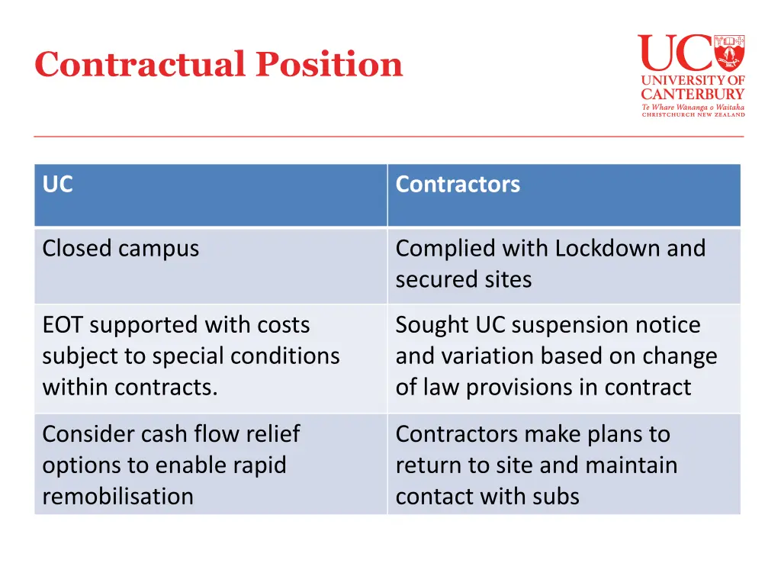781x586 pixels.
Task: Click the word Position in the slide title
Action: point(329,64)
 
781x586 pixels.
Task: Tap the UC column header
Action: point(58,185)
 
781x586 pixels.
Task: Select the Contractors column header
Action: point(458,185)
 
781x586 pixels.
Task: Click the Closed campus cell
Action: point(121,249)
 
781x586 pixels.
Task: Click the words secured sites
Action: point(463,279)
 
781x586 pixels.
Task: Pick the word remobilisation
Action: point(117,497)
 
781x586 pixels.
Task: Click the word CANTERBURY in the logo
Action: point(692,94)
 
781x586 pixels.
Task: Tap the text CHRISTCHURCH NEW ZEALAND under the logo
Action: point(693,114)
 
